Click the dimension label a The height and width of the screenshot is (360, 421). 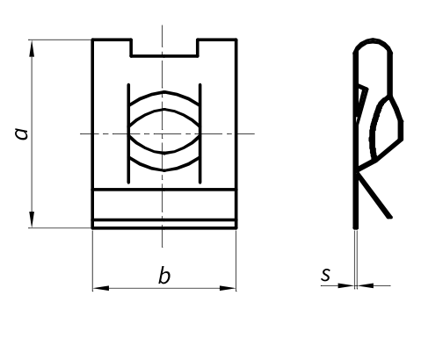tap(21, 133)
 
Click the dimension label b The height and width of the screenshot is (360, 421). tap(164, 275)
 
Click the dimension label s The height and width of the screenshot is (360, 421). tap(325, 275)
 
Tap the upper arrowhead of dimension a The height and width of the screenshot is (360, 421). tap(32, 48)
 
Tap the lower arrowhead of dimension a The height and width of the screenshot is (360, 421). tap(32, 220)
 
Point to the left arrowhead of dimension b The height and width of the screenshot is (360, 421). tap(101, 288)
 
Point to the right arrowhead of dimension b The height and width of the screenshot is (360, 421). tap(228, 288)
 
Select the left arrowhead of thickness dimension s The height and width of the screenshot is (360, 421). tap(345, 285)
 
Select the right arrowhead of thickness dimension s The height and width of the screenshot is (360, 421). tap(366, 285)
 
